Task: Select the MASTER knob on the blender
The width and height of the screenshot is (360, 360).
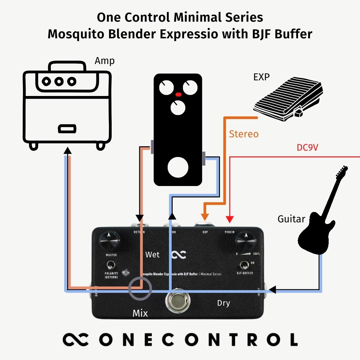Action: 109,240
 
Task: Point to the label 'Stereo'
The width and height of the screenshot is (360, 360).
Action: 244,134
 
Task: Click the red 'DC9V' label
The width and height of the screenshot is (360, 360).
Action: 307,147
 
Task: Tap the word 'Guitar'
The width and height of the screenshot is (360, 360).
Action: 291,219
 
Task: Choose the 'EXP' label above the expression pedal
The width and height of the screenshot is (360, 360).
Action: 261,77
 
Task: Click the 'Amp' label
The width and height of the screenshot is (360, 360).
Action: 104,61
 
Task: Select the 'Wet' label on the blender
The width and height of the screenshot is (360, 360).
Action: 152,255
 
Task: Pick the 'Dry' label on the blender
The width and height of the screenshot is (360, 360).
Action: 223,303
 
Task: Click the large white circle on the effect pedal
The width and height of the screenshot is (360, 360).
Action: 178,167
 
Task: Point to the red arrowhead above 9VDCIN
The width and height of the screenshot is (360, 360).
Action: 229,219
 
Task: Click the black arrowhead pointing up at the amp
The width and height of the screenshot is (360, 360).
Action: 68,150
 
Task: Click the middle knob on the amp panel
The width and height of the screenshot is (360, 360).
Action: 59,81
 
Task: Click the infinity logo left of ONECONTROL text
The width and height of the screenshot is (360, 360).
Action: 75,339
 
